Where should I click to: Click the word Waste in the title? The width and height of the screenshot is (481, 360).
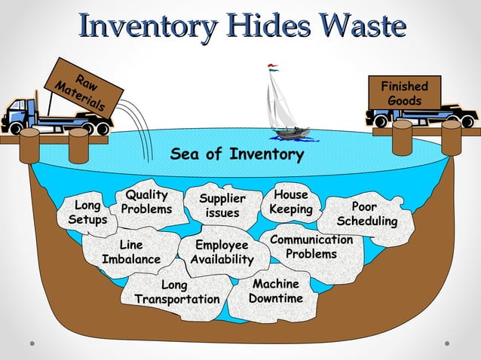click(x=364, y=26)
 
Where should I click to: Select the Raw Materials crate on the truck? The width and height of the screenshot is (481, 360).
click(x=84, y=88)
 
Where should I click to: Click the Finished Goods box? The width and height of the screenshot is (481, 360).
click(x=405, y=93)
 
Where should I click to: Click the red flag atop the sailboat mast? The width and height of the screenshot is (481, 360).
click(x=272, y=66)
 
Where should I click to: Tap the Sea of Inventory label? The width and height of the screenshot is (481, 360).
click(x=237, y=154)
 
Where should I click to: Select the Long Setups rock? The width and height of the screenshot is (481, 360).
click(x=87, y=214)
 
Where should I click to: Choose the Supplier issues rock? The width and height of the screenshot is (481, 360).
click(x=222, y=206)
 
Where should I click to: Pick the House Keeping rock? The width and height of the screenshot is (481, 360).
click(x=291, y=202)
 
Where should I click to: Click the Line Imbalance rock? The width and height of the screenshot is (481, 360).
click(x=131, y=252)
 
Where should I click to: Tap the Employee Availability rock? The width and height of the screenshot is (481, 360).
click(x=222, y=252)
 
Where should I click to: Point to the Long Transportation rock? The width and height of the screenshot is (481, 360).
click(x=176, y=291)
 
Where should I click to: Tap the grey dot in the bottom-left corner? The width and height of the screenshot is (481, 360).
click(x=32, y=343)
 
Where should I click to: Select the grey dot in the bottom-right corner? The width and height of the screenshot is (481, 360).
click(x=447, y=343)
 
